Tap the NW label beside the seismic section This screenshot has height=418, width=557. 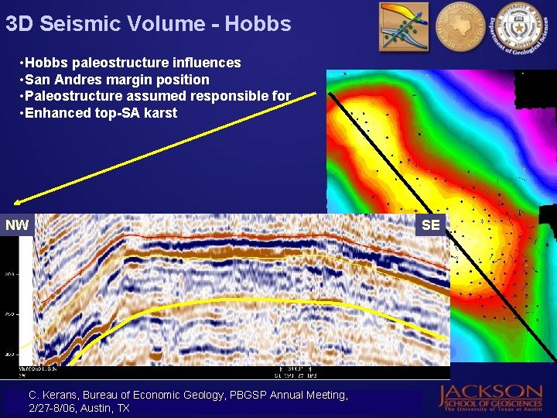coord(17,225)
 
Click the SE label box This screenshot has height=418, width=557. coord(431,225)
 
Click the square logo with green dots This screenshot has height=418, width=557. coord(404,27)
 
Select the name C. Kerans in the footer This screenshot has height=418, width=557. coord(53,395)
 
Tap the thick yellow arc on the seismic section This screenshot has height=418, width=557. coord(232,299)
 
